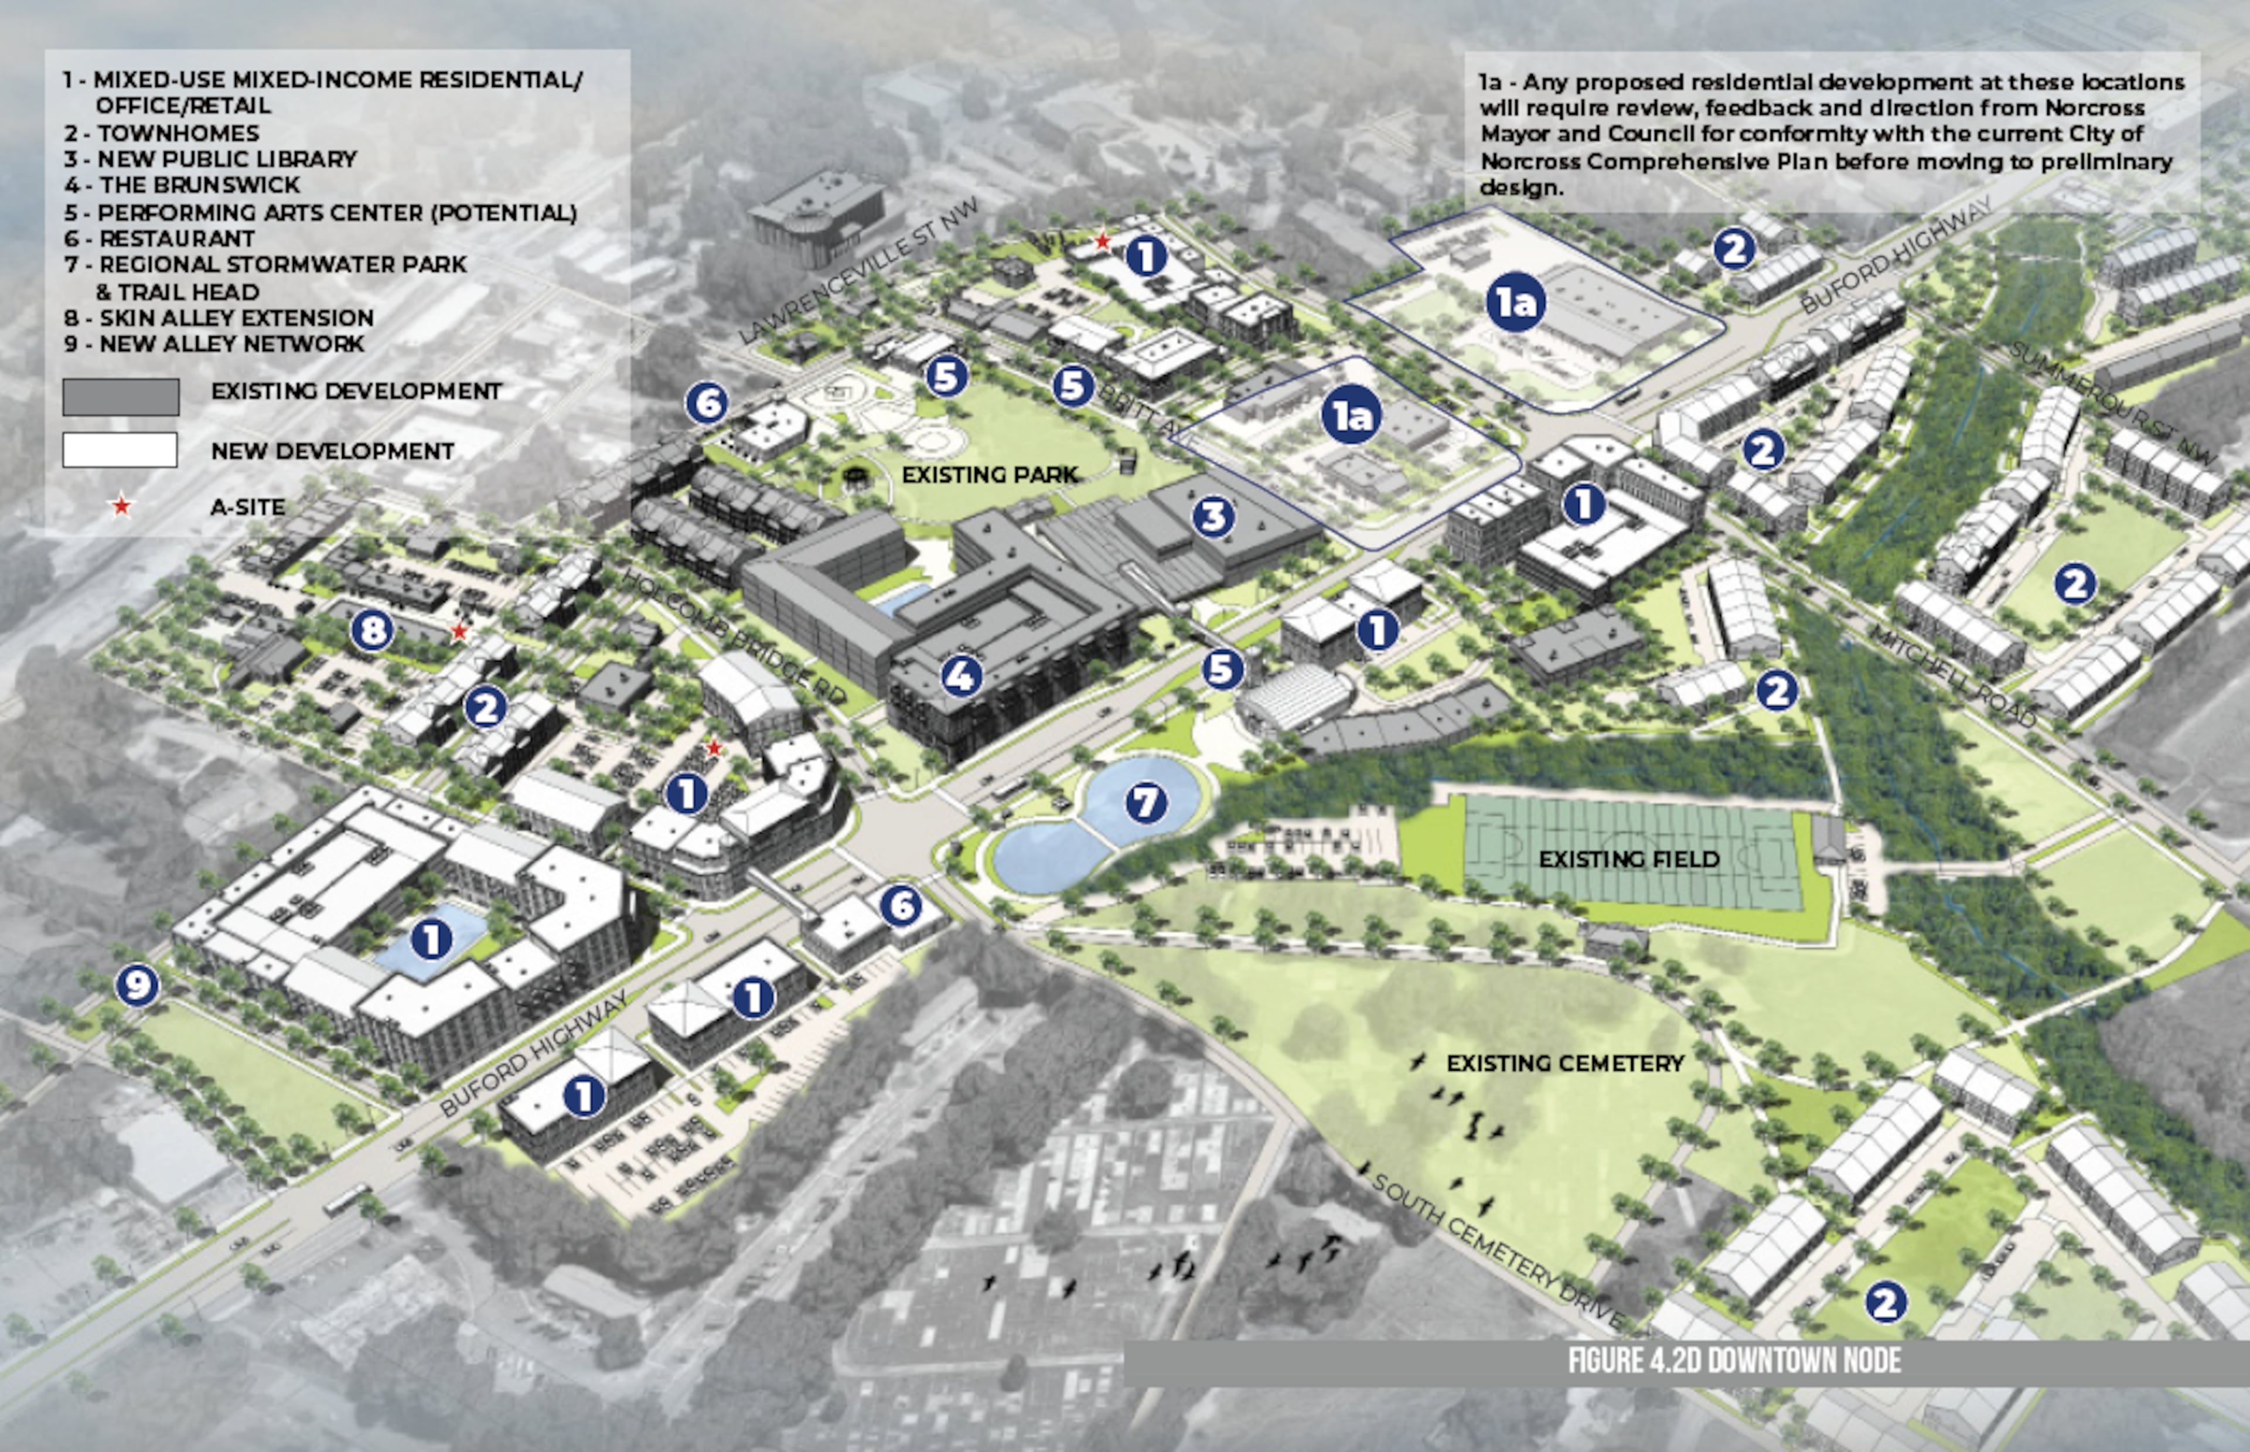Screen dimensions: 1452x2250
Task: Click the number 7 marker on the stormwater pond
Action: (x=1146, y=802)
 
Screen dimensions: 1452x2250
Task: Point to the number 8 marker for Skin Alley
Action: (x=371, y=630)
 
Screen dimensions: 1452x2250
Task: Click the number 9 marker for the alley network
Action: (x=137, y=986)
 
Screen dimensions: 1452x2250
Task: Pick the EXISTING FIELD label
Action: (x=1629, y=859)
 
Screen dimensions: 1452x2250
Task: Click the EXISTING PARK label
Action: (x=989, y=474)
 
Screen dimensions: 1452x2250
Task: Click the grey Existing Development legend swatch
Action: (x=121, y=397)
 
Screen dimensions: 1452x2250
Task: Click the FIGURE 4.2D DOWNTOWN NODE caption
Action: (x=1734, y=1361)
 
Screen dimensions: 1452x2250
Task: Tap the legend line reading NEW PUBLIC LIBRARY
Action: (x=226, y=158)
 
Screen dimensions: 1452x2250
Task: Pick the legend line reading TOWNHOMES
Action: (x=177, y=133)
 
